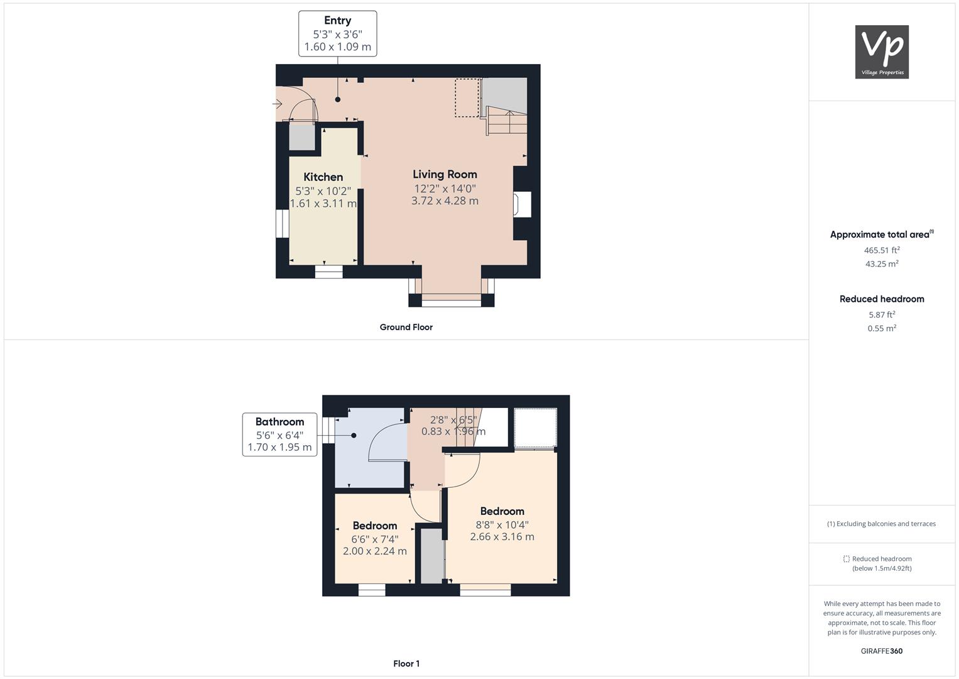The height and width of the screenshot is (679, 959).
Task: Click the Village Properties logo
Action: tap(882, 52)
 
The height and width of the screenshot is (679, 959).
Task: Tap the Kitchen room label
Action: tap(323, 177)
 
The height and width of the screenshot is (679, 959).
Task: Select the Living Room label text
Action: tap(445, 175)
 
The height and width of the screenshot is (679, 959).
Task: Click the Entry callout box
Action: tap(338, 34)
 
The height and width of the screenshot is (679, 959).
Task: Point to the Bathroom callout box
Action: tap(279, 434)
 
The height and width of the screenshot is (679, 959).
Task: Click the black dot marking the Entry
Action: tap(338, 99)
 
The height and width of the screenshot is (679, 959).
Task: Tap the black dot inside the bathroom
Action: tap(354, 436)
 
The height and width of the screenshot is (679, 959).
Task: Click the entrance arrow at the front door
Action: tap(278, 104)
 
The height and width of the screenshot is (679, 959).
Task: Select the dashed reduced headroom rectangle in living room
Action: tap(467, 97)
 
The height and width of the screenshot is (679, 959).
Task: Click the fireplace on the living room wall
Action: tap(522, 204)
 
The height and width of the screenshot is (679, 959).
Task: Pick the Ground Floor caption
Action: tap(406, 327)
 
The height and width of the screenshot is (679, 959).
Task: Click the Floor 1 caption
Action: tap(406, 663)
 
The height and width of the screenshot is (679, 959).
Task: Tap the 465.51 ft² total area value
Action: tap(882, 250)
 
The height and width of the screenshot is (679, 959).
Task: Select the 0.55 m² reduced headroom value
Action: tap(882, 328)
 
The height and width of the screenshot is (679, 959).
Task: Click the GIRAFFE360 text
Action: tap(882, 651)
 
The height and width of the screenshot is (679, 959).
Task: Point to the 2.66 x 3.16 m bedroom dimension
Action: tap(502, 537)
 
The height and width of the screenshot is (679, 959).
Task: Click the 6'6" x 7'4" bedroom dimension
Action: tap(375, 539)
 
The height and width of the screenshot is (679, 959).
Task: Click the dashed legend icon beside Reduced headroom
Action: tap(847, 559)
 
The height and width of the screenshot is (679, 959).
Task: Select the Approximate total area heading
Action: tap(882, 234)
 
